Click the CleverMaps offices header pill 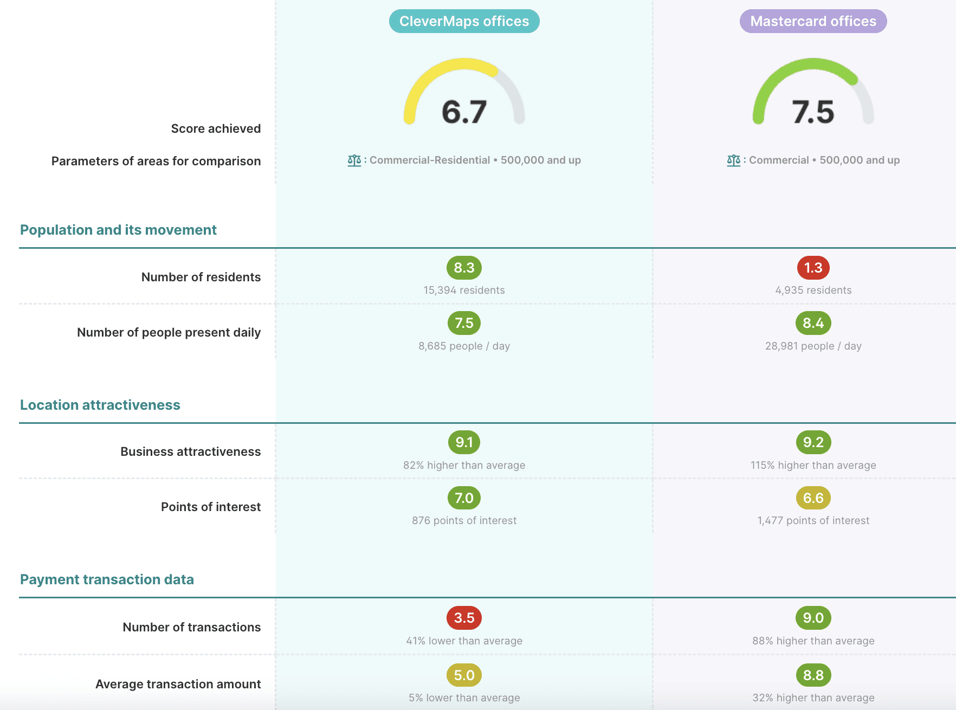coord(464,21)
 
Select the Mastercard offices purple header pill coord(813,21)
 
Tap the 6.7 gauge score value coord(464,112)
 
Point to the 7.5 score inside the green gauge coord(813,112)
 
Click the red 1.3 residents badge coord(813,268)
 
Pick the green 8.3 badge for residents coord(464,268)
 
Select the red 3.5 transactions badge coord(464,618)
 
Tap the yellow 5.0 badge coord(464,675)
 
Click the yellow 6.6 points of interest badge coord(813,498)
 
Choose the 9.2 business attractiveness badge coord(813,442)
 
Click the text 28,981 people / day coord(813,346)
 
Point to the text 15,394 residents coord(464,290)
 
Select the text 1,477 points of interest coord(813,520)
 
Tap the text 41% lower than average coord(464,641)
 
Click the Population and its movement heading coord(118,230)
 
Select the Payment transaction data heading coord(107,579)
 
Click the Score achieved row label coord(216,128)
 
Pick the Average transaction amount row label coord(178,684)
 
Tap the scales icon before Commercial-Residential coord(354,160)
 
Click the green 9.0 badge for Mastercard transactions coord(813,618)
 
